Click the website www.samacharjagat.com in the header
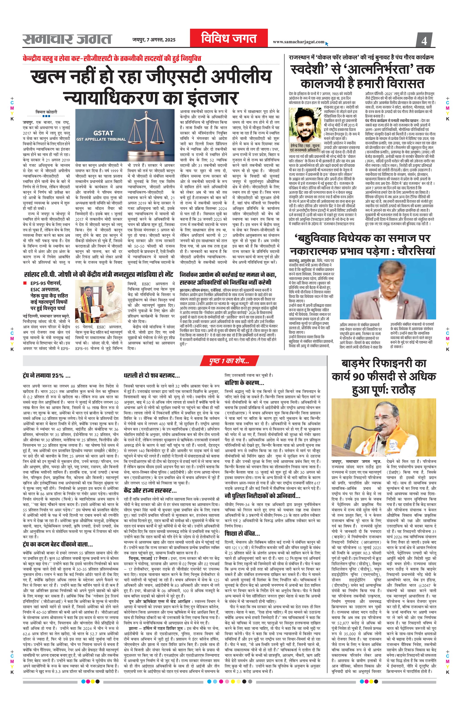[298, 42]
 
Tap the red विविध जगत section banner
[229, 39]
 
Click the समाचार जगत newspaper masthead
[67, 39]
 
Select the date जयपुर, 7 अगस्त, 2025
[154, 40]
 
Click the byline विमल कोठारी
[46, 112]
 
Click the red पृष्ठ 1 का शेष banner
[229, 362]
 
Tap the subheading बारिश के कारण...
[244, 383]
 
